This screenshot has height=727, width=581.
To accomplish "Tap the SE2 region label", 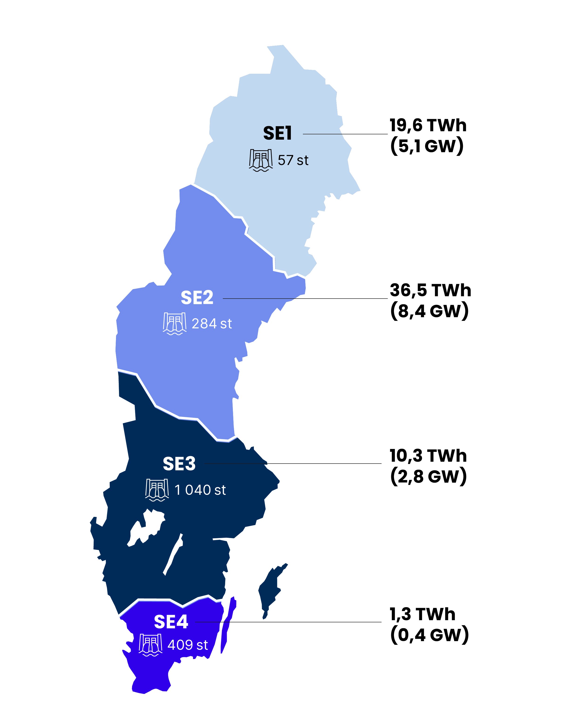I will point(197,298).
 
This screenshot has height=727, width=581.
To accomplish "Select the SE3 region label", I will point(179,464).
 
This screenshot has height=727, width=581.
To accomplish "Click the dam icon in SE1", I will point(261,160).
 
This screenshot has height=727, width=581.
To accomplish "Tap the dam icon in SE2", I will point(174,324).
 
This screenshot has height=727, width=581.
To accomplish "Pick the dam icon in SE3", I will point(157,490).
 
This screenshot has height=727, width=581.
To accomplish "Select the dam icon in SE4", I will point(150,645).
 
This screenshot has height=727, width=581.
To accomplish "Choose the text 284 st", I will point(211,324).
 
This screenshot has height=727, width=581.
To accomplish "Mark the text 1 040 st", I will point(200,490).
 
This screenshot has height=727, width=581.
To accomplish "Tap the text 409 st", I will point(188,645).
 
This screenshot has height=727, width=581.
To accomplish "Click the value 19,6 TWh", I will point(428,125).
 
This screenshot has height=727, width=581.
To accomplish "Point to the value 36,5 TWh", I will point(430,290).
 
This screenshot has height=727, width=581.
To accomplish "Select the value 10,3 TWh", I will point(428,456).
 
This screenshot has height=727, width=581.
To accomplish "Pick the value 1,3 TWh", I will point(422,614).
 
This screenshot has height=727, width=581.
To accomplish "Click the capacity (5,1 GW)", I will point(427,146).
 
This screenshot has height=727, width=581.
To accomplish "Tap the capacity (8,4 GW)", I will point(429,311).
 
